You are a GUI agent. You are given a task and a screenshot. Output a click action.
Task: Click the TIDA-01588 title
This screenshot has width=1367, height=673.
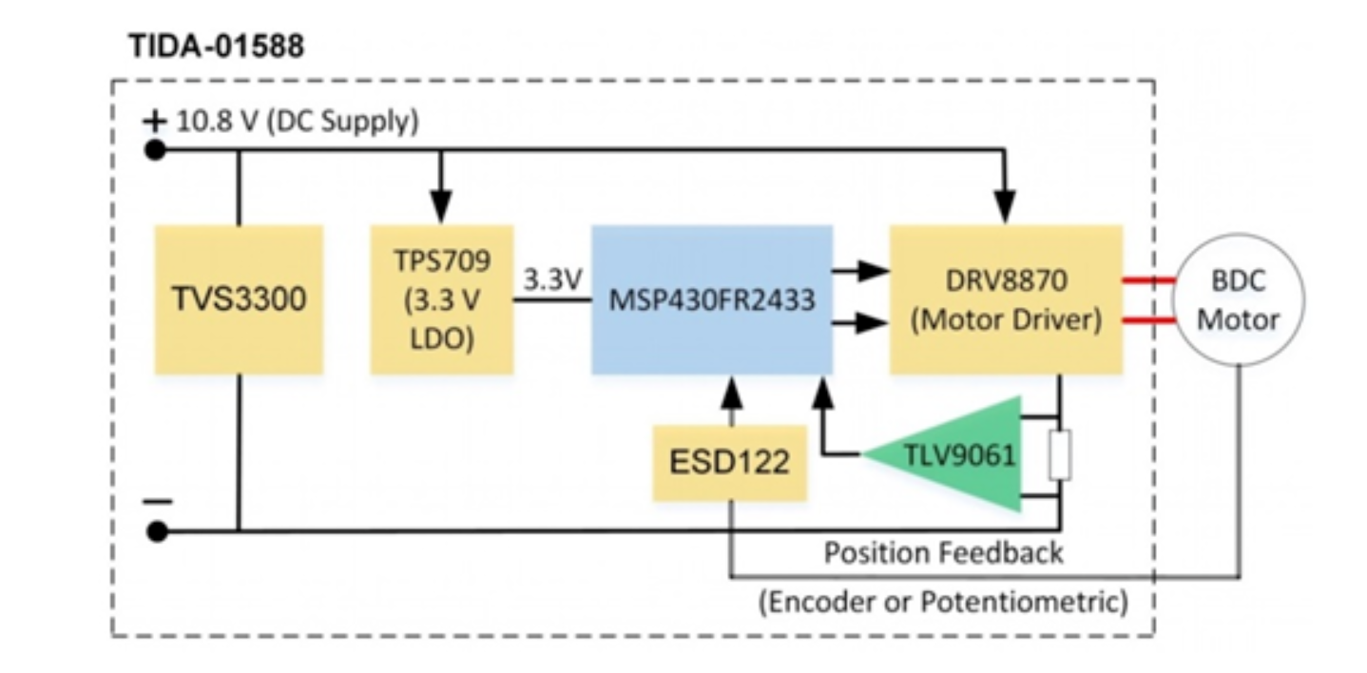[216, 47]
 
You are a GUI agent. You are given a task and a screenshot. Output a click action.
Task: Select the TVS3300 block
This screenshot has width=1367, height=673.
[239, 299]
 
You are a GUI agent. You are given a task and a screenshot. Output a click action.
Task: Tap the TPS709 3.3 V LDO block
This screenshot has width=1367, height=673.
[442, 299]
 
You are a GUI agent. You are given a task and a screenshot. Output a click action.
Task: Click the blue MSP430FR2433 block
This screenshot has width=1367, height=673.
[712, 299]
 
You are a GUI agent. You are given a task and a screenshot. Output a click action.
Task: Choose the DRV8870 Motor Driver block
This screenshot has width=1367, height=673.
[1006, 299]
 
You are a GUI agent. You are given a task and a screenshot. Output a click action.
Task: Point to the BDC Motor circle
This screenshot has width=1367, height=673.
[1238, 300]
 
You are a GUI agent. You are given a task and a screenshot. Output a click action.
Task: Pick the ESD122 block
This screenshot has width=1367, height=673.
[729, 463]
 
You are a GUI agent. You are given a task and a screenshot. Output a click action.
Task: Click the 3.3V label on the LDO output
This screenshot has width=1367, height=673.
[552, 279]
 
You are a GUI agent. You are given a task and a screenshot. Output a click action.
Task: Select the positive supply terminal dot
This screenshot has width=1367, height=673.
[155, 149]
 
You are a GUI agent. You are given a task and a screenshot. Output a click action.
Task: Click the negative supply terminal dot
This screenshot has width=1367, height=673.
[158, 531]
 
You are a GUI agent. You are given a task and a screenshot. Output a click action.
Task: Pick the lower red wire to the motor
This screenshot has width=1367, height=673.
[1148, 320]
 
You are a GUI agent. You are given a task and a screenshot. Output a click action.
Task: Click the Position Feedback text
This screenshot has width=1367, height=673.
[943, 552]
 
